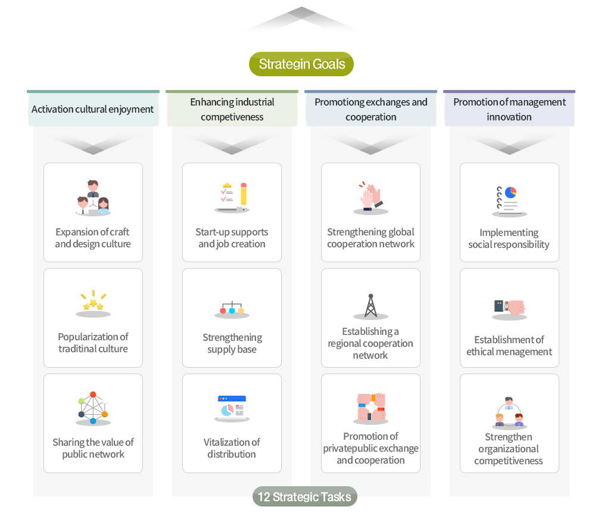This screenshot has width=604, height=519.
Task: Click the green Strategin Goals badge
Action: (301, 64)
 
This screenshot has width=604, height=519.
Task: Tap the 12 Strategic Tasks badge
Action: (304, 497)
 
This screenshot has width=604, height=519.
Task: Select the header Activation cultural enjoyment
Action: (93, 109)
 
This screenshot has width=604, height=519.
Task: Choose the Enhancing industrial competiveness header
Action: (232, 109)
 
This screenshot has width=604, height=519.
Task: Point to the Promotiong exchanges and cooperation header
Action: (371, 109)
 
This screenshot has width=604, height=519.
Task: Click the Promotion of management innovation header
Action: (509, 109)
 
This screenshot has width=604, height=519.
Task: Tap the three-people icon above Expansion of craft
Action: (93, 198)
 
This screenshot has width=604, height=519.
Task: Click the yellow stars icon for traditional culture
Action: (93, 303)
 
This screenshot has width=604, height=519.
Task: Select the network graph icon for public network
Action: (93, 408)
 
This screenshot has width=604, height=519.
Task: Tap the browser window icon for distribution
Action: (232, 408)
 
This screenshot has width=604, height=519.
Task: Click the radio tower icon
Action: (371, 306)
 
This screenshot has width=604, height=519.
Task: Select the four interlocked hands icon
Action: (371, 408)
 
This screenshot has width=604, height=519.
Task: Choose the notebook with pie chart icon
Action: (509, 200)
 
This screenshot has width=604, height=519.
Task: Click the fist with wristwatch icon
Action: (509, 307)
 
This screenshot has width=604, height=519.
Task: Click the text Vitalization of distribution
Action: (232, 448)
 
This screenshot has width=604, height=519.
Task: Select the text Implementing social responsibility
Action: (509, 238)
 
